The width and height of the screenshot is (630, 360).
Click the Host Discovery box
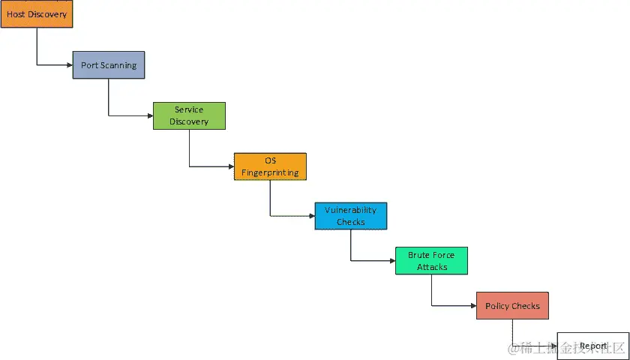(36, 14)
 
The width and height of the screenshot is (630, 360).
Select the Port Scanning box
(109, 65)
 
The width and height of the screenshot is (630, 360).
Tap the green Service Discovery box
(189, 115)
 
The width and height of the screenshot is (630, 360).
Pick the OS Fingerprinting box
(270, 166)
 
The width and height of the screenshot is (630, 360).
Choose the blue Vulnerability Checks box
(351, 216)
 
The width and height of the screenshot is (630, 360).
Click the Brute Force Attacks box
(432, 261)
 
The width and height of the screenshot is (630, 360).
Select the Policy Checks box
(512, 306)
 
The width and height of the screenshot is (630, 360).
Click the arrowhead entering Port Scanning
(69, 65)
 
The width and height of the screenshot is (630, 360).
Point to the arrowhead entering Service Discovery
(149, 115)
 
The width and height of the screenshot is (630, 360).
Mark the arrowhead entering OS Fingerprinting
(230, 166)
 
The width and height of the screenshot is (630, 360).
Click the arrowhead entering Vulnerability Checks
(311, 216)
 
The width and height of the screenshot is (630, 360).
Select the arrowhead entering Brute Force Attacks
(392, 261)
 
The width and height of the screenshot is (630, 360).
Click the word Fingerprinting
(270, 172)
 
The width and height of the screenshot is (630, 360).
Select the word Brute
(418, 256)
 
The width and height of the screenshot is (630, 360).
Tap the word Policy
(497, 306)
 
